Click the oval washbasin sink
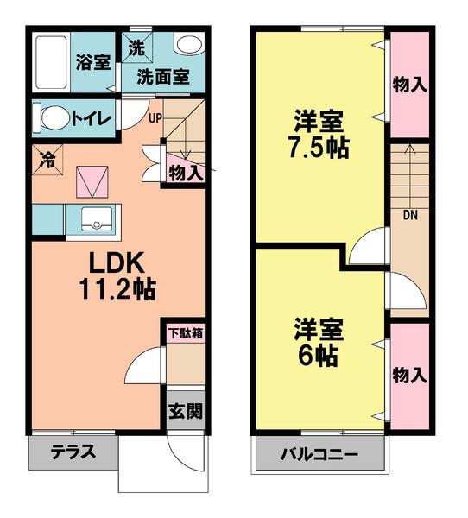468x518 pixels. click(187, 44)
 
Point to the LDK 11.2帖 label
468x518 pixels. click(111, 275)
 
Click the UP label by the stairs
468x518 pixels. click(154, 118)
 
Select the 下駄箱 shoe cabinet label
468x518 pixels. click(185, 332)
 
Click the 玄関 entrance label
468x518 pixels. click(185, 412)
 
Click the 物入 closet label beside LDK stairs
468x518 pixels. click(185, 172)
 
